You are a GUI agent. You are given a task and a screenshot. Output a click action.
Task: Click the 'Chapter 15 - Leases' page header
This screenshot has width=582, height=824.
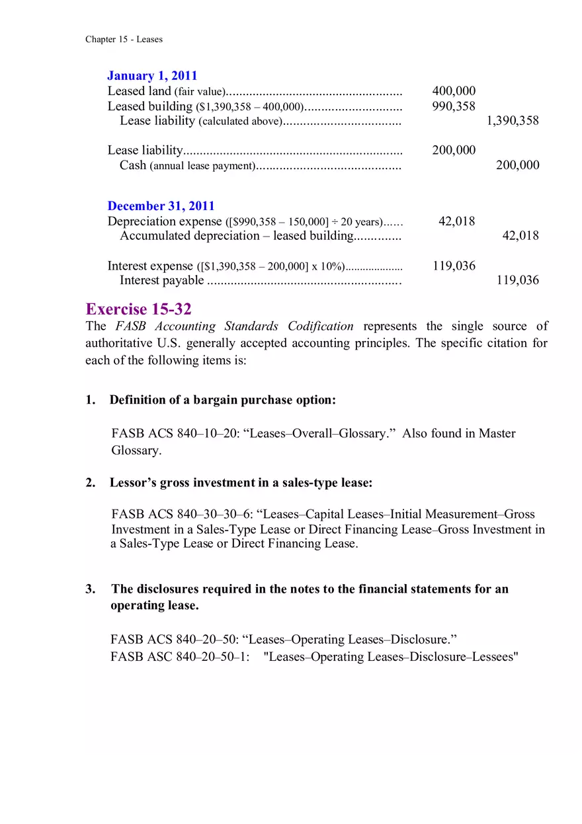point(124,39)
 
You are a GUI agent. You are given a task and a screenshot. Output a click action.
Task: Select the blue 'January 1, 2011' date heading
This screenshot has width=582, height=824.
point(152,76)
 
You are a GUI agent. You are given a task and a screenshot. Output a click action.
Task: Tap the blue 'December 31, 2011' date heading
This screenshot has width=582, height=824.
point(161,206)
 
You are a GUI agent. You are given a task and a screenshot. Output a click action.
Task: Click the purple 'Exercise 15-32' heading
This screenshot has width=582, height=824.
point(138,309)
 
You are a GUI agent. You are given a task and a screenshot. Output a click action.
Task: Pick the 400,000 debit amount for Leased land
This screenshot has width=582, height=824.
point(454,91)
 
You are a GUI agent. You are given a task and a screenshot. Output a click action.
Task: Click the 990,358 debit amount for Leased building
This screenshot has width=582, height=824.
point(454,106)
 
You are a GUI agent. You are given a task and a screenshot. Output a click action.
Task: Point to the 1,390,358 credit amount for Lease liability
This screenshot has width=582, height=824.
point(513,120)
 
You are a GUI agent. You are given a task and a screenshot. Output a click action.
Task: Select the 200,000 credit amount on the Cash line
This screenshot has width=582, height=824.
point(517,165)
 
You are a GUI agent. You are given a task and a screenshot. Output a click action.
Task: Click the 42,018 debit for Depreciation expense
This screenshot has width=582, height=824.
point(457,221)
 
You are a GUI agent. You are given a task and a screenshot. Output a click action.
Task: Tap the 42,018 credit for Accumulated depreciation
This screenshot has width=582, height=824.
point(520,236)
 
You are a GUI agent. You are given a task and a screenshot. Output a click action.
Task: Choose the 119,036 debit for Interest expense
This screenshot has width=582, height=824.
point(454,266)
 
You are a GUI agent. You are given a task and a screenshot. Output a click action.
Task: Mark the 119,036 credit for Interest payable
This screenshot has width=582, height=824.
point(517,280)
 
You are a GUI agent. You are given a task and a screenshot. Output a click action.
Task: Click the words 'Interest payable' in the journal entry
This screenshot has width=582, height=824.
point(162,280)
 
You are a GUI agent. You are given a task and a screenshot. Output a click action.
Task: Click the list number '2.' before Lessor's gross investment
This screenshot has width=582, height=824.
point(91,483)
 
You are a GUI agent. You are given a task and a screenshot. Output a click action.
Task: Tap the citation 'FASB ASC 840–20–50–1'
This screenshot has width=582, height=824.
point(180,657)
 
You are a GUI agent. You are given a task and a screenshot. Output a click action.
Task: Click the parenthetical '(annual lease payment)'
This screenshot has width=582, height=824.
point(202,166)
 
